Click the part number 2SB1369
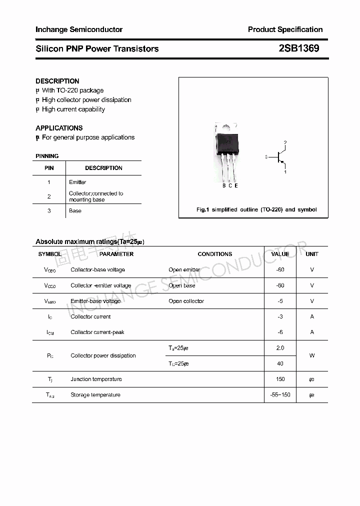pos(298,48)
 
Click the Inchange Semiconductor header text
pos(79,29)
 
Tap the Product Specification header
pos(285,29)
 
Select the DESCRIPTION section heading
pos(57,81)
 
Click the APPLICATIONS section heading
pos(59,128)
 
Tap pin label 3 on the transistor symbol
pos(266,157)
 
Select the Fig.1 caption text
pos(256,209)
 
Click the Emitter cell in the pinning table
pos(77,182)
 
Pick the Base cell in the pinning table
pos(75,210)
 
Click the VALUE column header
pos(280,254)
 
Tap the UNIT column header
pos(312,254)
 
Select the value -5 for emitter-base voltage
pos(280,301)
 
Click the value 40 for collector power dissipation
pos(280,363)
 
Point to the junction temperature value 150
pos(280,379)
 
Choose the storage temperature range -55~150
pos(280,395)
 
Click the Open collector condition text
pos(186,301)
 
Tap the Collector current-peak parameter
pos(97,332)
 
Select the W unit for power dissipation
pos(312,355)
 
